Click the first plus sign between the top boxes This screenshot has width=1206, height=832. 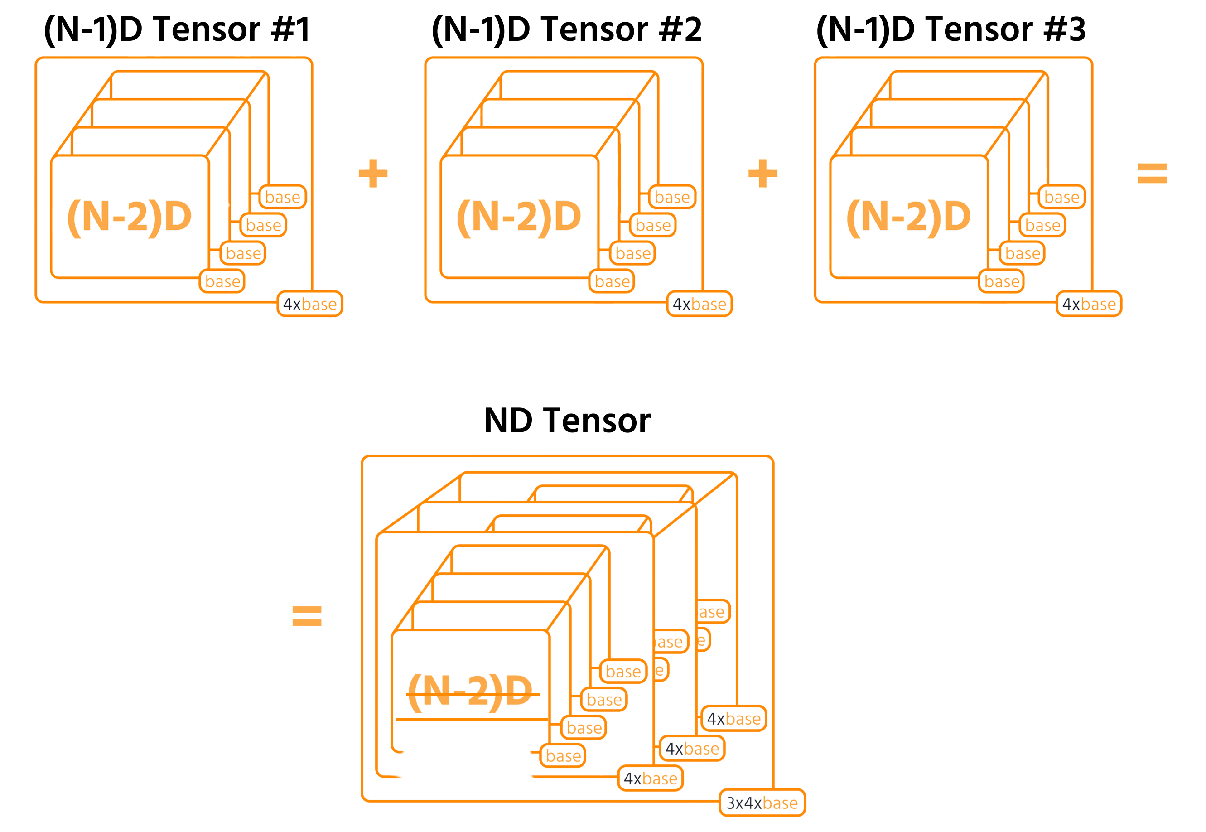tap(373, 174)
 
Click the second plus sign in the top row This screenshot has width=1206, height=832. tap(762, 174)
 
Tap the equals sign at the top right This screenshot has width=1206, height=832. tap(1153, 174)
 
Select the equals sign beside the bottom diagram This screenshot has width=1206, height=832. tap(307, 616)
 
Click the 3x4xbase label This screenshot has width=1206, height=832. tap(762, 803)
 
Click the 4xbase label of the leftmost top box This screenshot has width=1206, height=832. tap(309, 304)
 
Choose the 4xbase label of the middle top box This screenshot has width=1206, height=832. tap(699, 304)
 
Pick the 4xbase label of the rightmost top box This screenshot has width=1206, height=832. tap(1089, 304)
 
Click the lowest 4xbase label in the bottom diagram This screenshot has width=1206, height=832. tap(651, 779)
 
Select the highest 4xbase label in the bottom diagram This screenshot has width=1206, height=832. tap(734, 719)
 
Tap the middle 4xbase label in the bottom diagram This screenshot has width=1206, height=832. tap(692, 749)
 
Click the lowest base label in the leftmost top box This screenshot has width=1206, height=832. tap(222, 281)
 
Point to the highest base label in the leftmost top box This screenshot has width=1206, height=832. tap(283, 197)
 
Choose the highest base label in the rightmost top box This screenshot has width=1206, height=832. tap(1061, 197)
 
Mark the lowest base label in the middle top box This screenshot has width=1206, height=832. tap(612, 281)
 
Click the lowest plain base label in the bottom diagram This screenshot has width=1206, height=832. tap(563, 756)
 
